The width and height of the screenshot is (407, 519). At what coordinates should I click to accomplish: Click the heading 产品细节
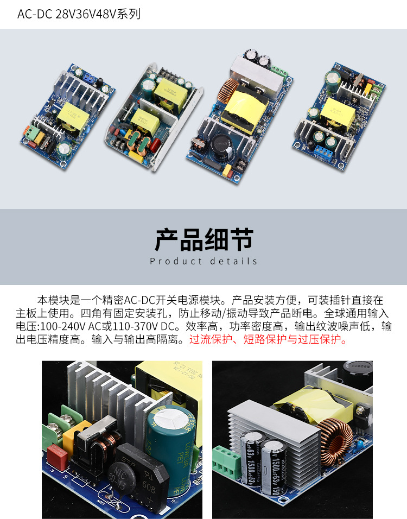203,239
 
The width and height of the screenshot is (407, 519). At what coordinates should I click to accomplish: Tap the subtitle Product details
203,261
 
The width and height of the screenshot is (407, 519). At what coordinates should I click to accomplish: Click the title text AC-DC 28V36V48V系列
79,14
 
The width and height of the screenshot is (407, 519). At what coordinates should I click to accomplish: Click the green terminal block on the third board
280,71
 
